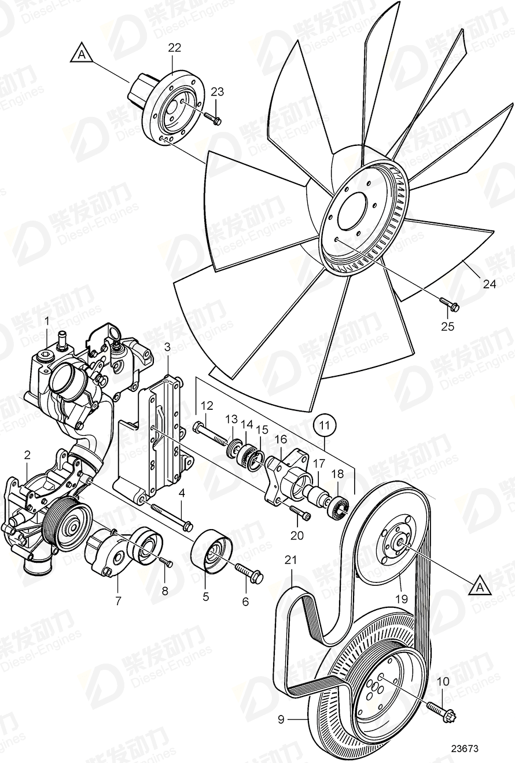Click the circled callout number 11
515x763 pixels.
[326, 425]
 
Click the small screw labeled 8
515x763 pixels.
[166, 562]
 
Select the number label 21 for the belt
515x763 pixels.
[290, 560]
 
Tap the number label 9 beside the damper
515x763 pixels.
[281, 720]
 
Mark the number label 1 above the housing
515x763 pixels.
[47, 320]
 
